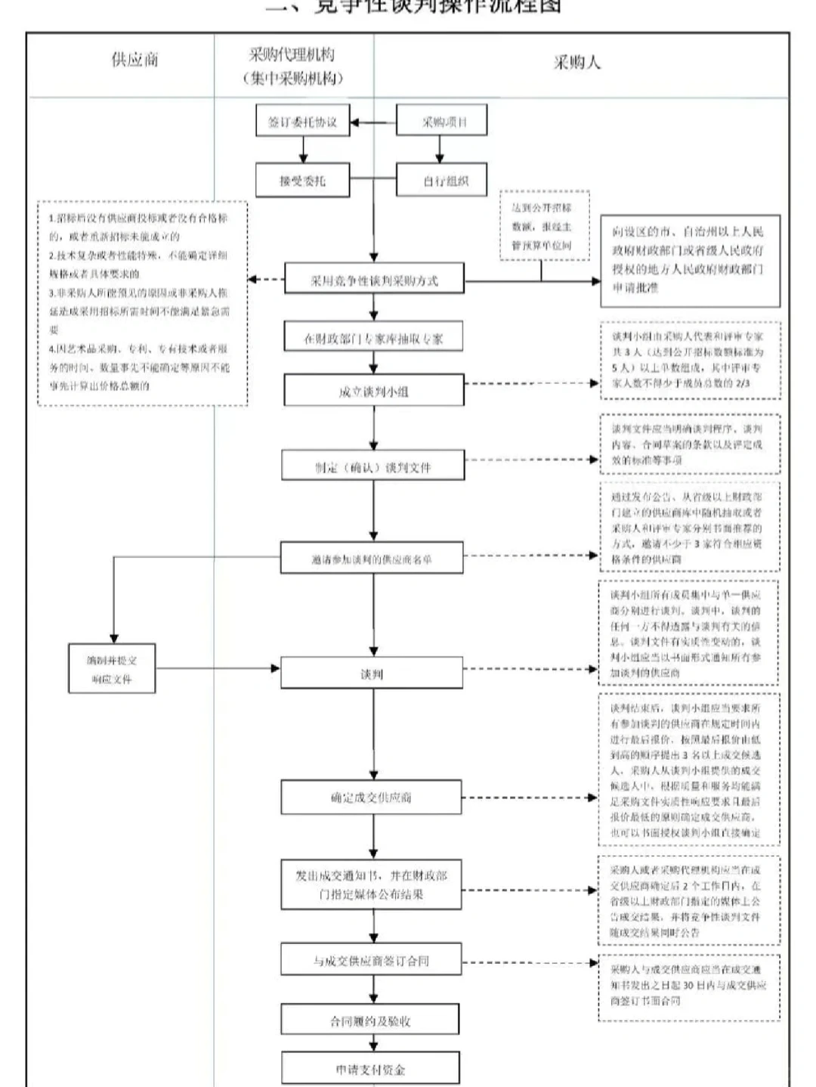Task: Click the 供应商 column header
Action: [134, 60]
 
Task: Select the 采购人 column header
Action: [576, 63]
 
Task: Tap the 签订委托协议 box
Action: [302, 122]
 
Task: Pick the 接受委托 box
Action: [302, 181]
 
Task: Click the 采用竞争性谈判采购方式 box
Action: [374, 280]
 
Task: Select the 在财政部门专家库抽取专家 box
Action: [373, 339]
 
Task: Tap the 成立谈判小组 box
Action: [373, 392]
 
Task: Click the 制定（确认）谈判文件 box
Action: [373, 467]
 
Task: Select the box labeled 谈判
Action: [372, 674]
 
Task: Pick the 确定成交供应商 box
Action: [372, 797]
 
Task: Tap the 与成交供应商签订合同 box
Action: [372, 961]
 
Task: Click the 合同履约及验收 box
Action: [370, 1021]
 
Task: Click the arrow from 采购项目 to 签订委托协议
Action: [374, 122]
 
